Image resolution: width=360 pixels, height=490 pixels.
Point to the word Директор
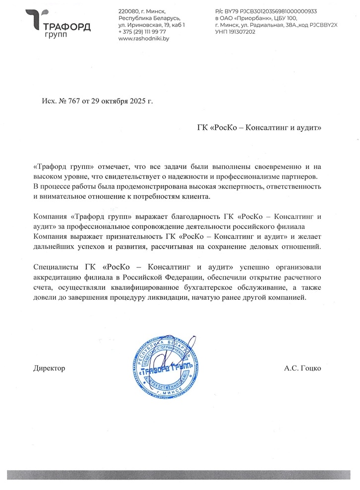(x=49, y=369)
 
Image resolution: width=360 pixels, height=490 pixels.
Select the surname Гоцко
(x=311, y=369)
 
